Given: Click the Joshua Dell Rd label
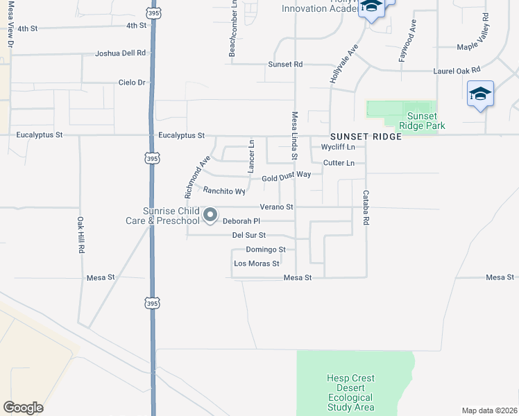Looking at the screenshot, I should (x=121, y=53).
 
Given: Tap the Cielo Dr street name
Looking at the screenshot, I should (x=133, y=83).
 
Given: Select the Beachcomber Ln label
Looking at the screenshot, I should (x=234, y=29).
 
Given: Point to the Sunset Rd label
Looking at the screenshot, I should (x=285, y=64).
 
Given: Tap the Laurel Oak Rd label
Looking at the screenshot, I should (x=457, y=70).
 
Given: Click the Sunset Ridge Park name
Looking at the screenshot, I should (x=421, y=121).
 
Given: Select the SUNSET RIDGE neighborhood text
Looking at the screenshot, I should (x=366, y=137).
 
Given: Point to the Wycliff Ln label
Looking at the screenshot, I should (x=338, y=147).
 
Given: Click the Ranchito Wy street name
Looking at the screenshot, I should (x=224, y=191).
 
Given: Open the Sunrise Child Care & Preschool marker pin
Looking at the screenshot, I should (x=210, y=216).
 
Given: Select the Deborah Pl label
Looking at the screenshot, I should (x=241, y=222).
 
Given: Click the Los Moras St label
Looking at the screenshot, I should (x=256, y=263).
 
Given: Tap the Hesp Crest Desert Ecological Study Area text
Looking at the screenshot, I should (x=350, y=392).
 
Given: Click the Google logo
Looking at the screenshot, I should (x=23, y=408).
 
